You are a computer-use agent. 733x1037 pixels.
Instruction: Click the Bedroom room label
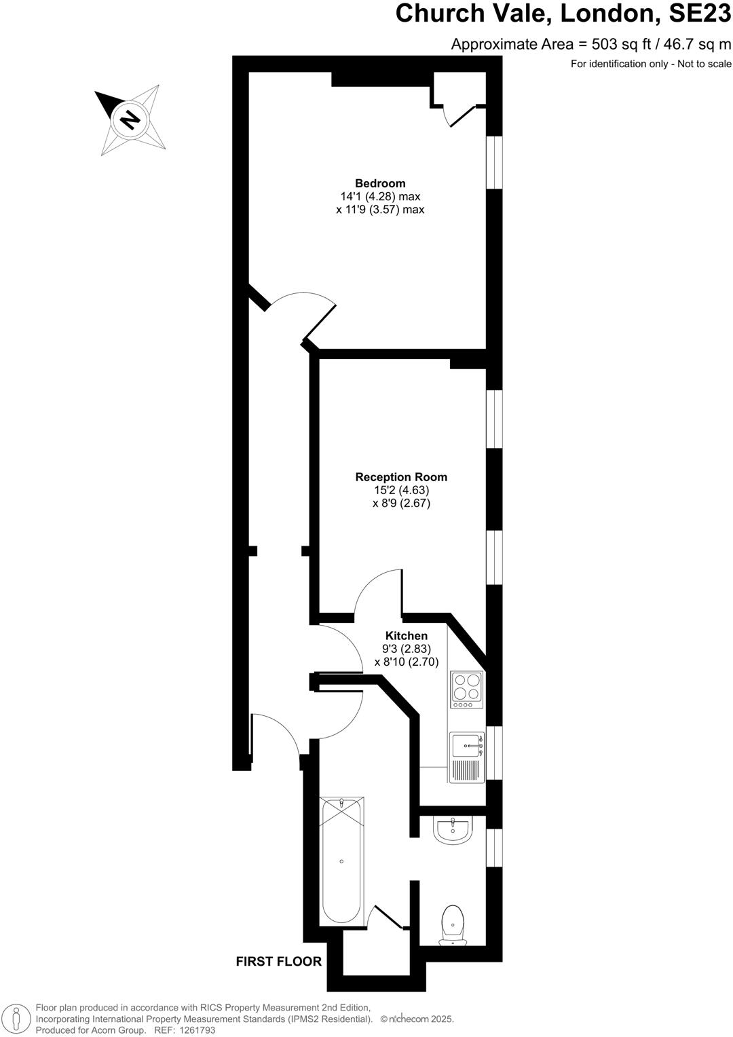click(380, 183)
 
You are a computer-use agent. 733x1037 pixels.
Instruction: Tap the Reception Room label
click(401, 477)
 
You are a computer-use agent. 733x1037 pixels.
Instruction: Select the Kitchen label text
click(407, 636)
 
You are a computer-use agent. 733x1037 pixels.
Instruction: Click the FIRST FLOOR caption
click(278, 961)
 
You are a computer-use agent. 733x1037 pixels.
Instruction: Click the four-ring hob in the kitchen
click(466, 686)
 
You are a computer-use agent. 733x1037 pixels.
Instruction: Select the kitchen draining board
click(466, 770)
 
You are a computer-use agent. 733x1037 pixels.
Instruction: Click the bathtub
click(341, 860)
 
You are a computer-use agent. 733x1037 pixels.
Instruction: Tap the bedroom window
click(495, 162)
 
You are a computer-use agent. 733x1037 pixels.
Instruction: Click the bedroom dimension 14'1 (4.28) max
click(380, 197)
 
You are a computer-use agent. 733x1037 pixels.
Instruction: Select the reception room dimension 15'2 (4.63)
click(401, 490)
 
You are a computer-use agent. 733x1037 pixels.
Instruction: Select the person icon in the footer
click(18, 1019)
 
